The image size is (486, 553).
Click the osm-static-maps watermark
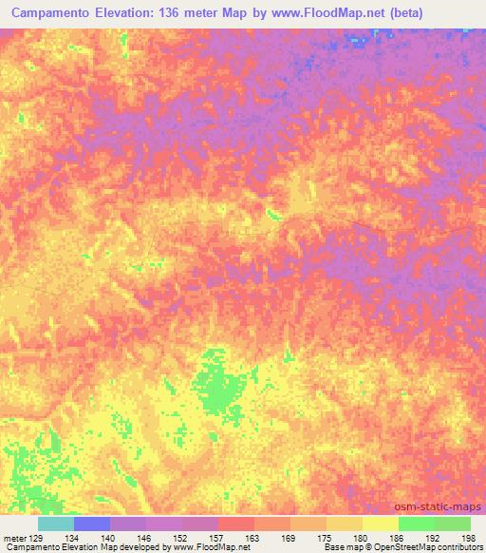tap(438, 506)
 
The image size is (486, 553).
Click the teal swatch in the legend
tap(56, 524)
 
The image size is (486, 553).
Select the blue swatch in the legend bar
tap(92, 524)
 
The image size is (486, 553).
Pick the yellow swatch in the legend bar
tap(381, 524)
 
